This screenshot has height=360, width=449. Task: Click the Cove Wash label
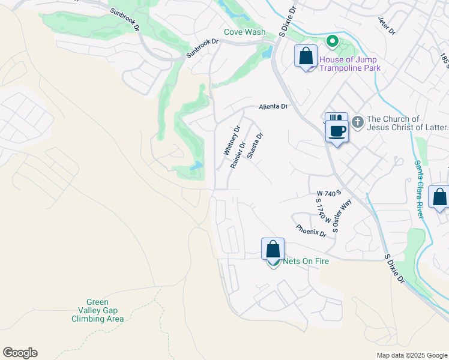point(244,32)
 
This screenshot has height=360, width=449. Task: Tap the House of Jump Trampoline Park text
point(350,64)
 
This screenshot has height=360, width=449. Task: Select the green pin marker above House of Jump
point(331,42)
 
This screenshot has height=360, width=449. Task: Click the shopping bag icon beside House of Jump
point(306,56)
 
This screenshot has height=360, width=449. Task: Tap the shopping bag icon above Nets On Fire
point(273,248)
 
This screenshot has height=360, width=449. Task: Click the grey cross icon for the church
point(357,122)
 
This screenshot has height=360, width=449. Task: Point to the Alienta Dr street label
point(273,107)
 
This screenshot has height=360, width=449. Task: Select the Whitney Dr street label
point(231,141)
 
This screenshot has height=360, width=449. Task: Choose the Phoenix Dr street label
point(310,231)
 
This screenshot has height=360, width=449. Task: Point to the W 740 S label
point(329,193)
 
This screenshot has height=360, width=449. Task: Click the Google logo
point(20,353)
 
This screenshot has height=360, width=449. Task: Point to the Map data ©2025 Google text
point(411,355)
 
